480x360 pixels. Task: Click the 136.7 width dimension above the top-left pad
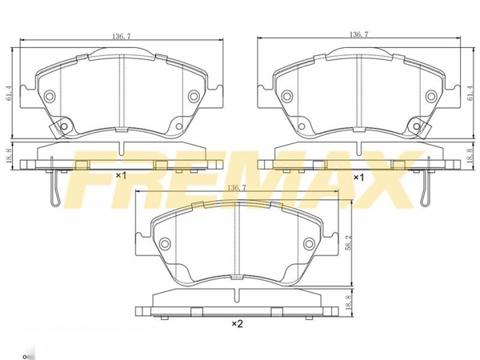(122, 37)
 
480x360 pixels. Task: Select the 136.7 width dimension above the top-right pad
(359, 34)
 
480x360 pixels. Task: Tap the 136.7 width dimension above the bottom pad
(238, 188)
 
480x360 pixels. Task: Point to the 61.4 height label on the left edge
(9, 93)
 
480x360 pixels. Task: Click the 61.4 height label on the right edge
(471, 93)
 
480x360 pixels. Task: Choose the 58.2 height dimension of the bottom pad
(347, 243)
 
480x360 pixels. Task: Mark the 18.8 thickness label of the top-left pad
(9, 156)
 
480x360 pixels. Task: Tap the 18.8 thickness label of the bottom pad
(347, 302)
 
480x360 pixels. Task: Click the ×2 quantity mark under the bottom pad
(237, 323)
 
